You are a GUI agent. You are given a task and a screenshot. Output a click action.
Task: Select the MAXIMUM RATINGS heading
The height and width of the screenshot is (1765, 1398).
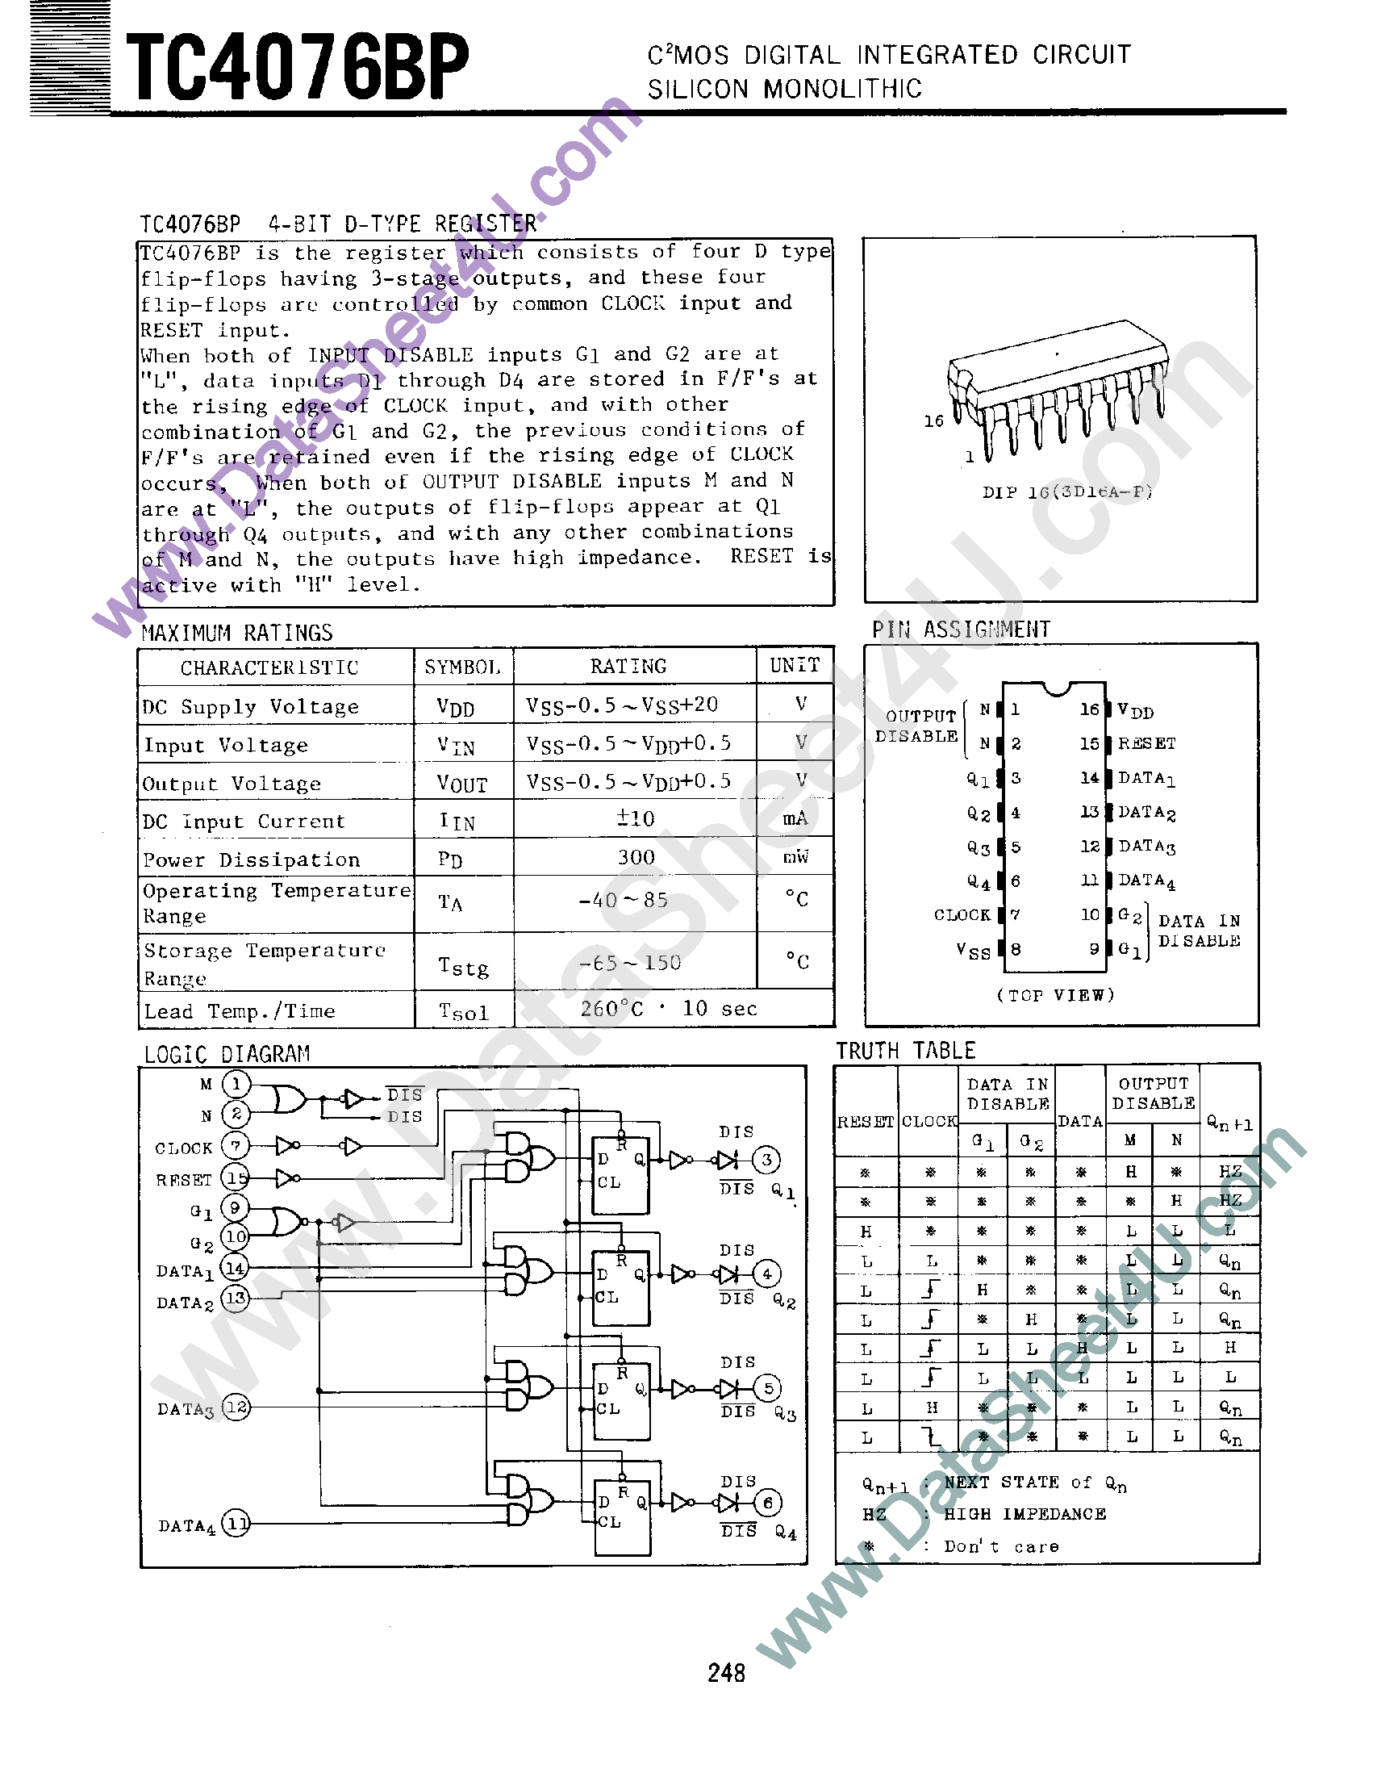(236, 633)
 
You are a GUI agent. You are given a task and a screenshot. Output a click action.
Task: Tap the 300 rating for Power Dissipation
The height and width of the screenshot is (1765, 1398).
(636, 857)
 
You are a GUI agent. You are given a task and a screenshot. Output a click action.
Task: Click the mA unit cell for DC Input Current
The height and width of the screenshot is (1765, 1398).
(795, 818)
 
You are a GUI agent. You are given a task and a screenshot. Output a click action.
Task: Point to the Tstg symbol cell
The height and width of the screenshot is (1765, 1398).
(463, 967)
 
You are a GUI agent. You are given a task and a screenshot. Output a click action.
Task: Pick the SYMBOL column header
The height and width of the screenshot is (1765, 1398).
(462, 667)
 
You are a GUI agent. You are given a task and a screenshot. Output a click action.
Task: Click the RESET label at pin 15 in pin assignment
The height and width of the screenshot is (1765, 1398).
(1147, 743)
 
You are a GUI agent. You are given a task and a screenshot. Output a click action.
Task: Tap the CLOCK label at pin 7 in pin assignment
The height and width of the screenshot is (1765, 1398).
(962, 914)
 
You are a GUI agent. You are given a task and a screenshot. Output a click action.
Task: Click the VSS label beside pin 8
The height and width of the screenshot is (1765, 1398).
(973, 951)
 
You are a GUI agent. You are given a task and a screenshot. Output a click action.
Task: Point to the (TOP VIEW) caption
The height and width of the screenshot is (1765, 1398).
(1055, 995)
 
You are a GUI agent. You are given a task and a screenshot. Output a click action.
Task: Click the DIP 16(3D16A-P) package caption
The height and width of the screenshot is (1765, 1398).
(1066, 492)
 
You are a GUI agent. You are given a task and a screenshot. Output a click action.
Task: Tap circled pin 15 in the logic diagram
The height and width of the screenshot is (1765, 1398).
(236, 1178)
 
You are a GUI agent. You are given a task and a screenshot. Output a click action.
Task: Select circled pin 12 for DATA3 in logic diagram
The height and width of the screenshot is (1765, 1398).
(236, 1407)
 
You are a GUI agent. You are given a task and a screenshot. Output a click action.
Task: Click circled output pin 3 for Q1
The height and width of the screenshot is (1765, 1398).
(766, 1159)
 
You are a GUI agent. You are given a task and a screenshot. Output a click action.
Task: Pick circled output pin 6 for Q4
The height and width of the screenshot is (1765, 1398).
(768, 1502)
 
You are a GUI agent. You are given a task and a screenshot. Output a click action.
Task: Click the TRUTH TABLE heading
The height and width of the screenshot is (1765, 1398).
(905, 1050)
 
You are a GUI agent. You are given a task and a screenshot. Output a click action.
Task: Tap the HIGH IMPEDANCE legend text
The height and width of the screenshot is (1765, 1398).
(1025, 1514)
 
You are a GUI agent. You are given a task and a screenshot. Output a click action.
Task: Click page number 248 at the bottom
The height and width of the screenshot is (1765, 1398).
(726, 1672)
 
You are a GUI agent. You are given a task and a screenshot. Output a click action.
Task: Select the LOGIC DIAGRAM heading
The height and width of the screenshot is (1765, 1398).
(227, 1054)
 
